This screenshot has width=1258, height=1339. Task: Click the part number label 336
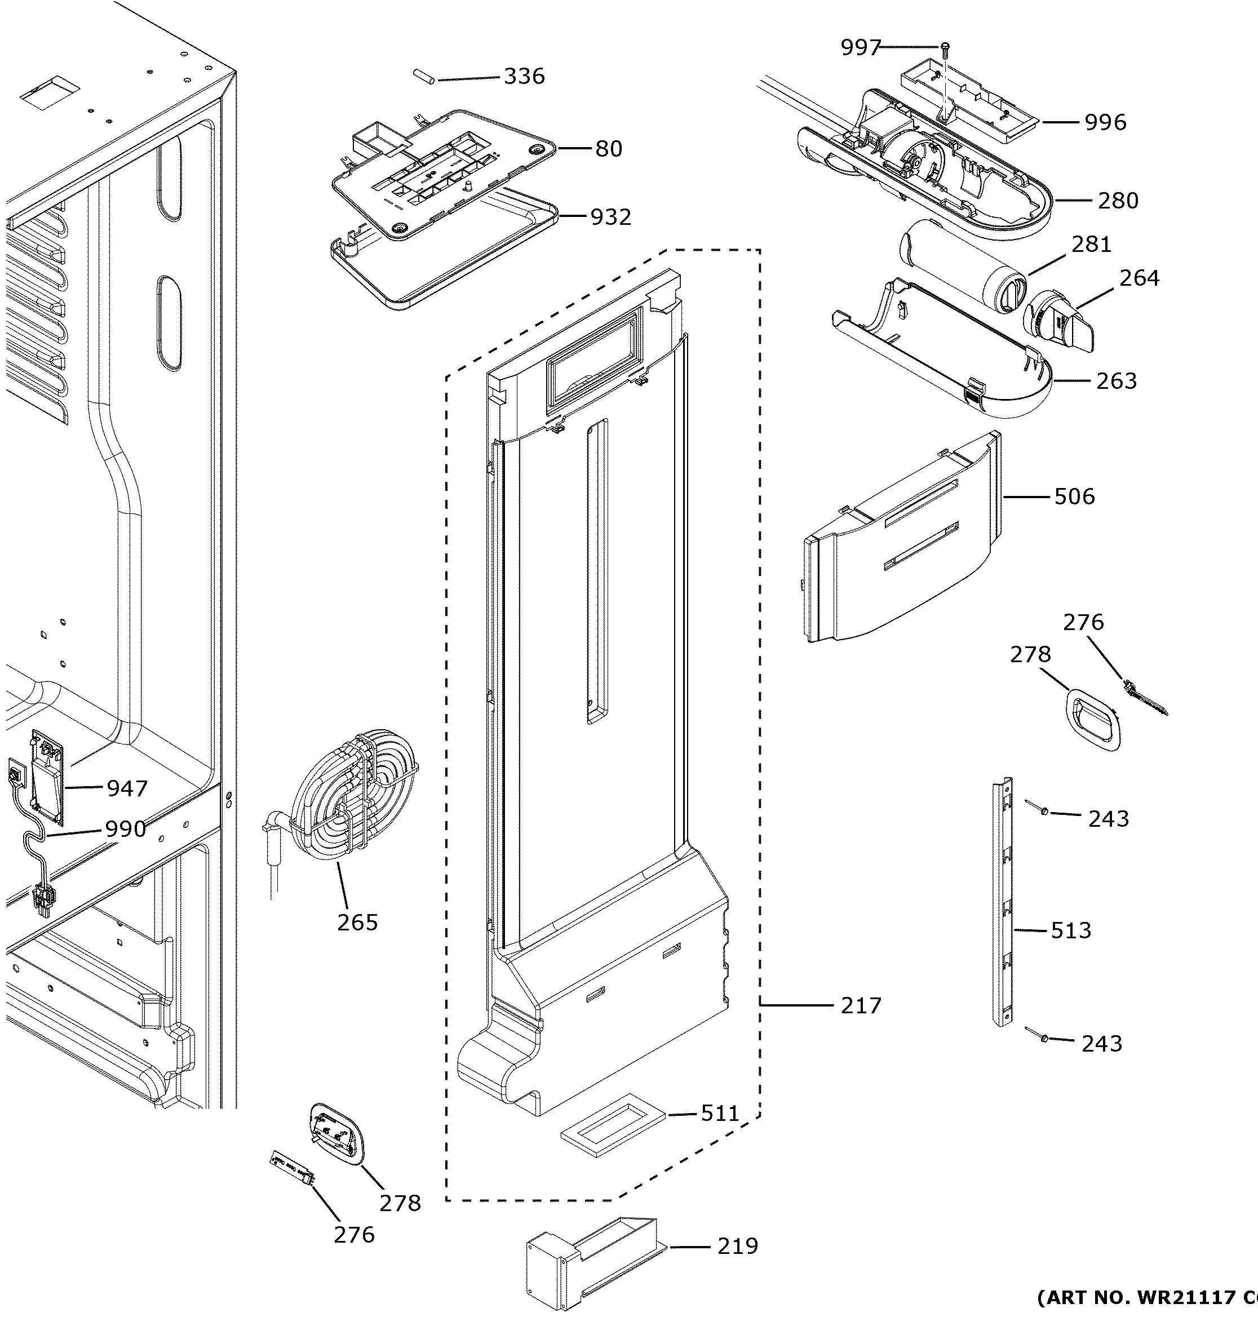coord(524,76)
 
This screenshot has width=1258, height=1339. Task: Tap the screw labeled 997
coord(945,46)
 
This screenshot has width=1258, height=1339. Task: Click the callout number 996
coord(1105,123)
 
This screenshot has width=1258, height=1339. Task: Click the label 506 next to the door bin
coord(1074,497)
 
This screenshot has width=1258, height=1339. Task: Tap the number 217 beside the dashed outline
coord(861,1005)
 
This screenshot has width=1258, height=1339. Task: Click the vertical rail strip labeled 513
coord(1003,903)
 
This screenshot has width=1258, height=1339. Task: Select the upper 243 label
coord(1109,819)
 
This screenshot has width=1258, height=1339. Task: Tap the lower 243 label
coord(1102,1044)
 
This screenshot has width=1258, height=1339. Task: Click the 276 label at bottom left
coord(354,1235)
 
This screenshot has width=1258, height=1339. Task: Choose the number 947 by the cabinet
coord(127,788)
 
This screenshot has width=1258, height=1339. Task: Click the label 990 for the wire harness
coord(125,829)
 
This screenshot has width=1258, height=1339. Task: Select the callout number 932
coord(610,218)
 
